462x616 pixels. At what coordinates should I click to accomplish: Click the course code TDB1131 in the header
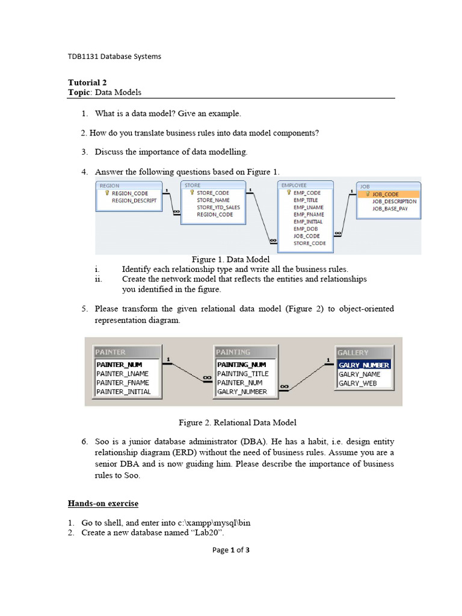click(x=82, y=57)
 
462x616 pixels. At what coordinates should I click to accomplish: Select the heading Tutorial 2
click(x=87, y=82)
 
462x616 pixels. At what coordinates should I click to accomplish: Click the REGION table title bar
click(x=128, y=186)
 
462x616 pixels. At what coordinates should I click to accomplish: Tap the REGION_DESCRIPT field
click(x=134, y=201)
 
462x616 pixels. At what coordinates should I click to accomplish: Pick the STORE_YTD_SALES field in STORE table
click(x=218, y=208)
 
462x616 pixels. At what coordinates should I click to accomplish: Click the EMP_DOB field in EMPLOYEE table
click(x=306, y=229)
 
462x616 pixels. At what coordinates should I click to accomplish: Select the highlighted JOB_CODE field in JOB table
click(x=386, y=194)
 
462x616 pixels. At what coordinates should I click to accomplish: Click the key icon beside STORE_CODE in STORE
click(x=191, y=193)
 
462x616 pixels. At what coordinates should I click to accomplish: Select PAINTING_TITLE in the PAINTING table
click(x=243, y=374)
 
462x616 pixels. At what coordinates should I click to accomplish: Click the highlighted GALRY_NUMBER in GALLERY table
click(x=364, y=365)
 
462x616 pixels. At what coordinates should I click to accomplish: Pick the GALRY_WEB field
click(x=357, y=383)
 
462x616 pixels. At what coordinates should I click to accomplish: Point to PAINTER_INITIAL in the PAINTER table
click(x=123, y=392)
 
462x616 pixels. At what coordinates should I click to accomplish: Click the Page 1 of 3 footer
click(x=231, y=550)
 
